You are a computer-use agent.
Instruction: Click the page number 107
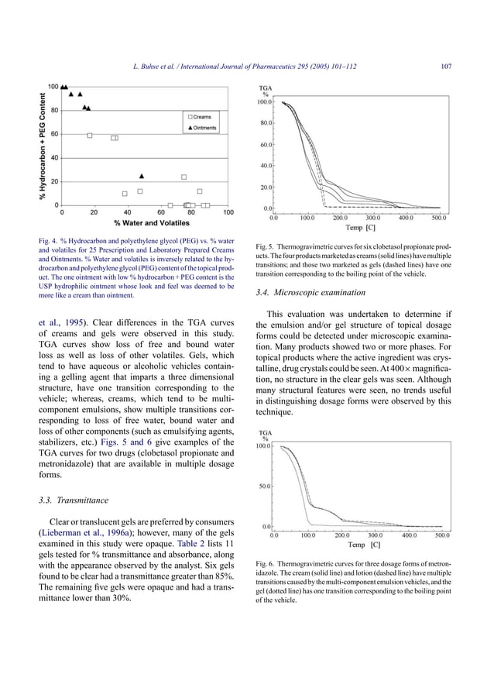tap(446, 67)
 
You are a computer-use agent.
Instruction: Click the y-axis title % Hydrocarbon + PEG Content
tap(43, 145)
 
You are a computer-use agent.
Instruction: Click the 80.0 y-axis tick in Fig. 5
tap(266, 122)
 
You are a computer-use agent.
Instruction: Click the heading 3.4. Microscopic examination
tap(306, 293)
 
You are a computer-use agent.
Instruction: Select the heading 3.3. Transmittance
tap(73, 500)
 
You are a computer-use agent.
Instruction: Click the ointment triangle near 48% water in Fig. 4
tap(141, 176)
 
